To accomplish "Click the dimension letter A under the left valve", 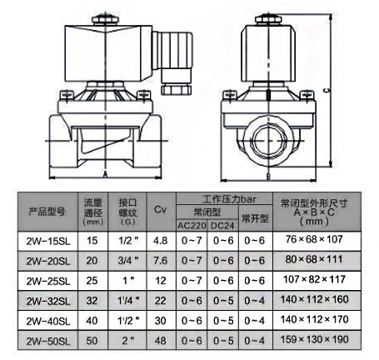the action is pyautogui.click(x=105, y=174).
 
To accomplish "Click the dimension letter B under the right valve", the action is pyautogui.click(x=268, y=177).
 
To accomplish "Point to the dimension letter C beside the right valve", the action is pyautogui.click(x=327, y=90).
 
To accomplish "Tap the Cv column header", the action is pyautogui.click(x=161, y=209).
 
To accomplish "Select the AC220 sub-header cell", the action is pyautogui.click(x=192, y=226).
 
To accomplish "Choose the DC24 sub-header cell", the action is pyautogui.click(x=222, y=226).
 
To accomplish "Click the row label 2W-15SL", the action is pyautogui.click(x=48, y=241).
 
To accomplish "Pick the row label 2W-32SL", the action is pyautogui.click(x=48, y=301).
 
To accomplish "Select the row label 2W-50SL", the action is pyautogui.click(x=48, y=341).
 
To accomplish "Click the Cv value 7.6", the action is pyautogui.click(x=161, y=261).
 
